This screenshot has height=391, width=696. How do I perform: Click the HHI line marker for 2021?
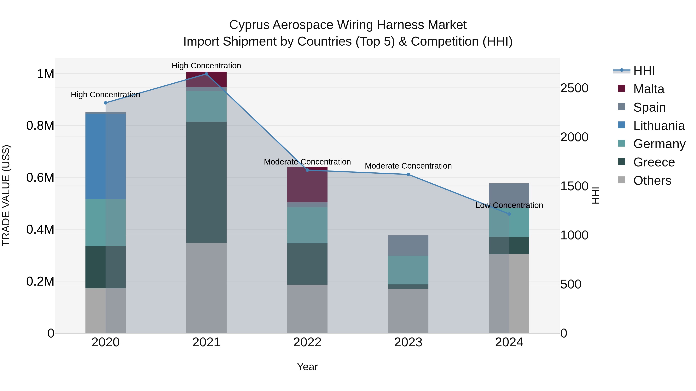[206, 74]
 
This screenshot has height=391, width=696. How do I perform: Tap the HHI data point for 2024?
[509, 214]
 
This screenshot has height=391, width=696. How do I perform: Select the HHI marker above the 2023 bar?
[408, 175]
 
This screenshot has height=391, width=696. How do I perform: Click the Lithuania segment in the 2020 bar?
[105, 157]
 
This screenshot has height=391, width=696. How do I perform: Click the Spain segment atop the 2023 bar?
[408, 245]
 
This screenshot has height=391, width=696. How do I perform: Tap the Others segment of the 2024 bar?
[509, 293]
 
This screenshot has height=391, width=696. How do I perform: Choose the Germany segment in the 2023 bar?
[408, 270]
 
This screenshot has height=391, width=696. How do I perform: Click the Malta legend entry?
[648, 89]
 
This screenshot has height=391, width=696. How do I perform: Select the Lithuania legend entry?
[659, 126]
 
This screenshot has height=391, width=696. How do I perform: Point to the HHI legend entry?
[644, 71]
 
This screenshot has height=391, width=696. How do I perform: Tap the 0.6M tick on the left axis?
[40, 178]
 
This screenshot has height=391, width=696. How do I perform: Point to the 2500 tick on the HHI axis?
[574, 88]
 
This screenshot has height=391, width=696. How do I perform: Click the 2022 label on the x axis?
[307, 342]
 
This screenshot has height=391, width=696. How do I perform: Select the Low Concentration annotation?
[509, 205]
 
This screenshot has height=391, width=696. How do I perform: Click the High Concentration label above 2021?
[206, 66]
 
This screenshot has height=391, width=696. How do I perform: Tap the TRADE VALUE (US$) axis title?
[6, 195]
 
